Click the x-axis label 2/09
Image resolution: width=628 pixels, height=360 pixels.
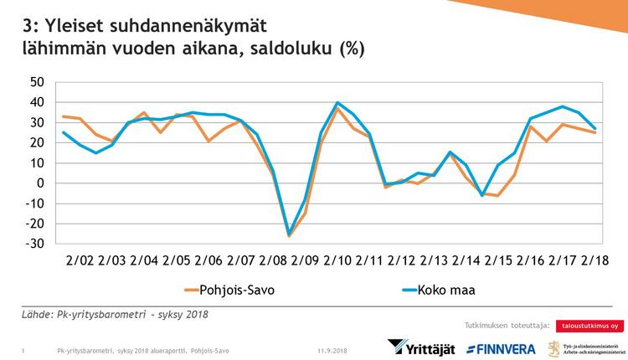point(306,260)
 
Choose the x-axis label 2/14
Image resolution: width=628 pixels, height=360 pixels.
point(467,260)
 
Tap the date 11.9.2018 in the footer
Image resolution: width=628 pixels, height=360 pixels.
point(333,349)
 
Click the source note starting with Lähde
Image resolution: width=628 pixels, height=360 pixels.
point(116,315)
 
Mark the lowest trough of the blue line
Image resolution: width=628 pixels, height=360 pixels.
point(290,234)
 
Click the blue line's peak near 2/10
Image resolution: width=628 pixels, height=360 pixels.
point(337,103)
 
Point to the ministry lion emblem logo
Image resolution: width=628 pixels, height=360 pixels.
point(554,347)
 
